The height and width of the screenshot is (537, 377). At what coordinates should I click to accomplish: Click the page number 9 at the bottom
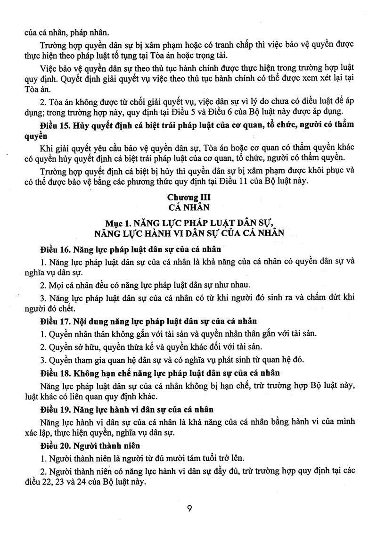click(x=188, y=509)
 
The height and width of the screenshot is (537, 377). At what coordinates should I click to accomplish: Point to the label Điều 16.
click(x=55, y=248)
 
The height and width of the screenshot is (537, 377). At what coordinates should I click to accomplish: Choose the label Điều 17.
click(x=55, y=322)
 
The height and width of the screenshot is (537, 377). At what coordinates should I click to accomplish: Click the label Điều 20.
click(x=55, y=445)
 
